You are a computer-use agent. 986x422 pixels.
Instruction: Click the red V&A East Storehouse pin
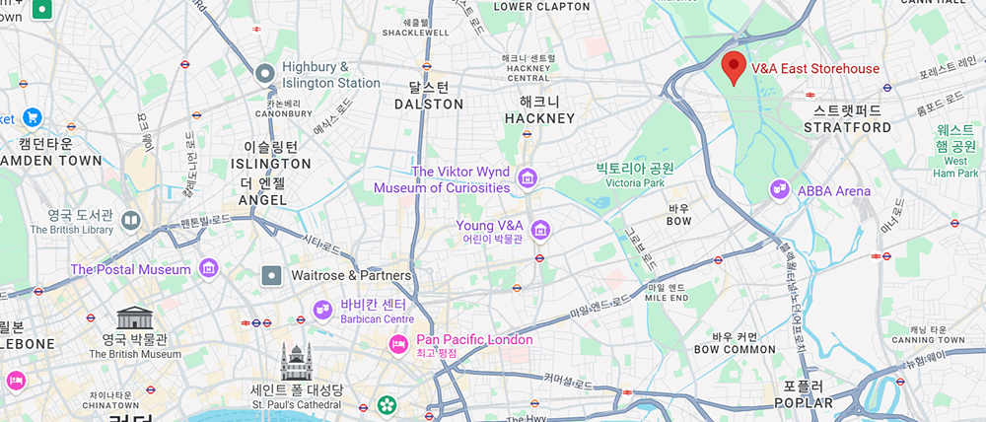(733, 66)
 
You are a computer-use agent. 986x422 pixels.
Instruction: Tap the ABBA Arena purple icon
(780, 188)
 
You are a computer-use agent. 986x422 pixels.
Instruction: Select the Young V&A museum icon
(539, 231)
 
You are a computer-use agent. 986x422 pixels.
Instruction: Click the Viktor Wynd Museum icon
(528, 178)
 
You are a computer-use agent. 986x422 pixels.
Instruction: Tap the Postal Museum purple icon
(208, 268)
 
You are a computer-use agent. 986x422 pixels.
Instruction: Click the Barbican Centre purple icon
(322, 311)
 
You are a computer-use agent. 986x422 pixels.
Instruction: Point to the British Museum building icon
(134, 317)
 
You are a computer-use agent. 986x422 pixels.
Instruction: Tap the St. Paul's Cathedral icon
(295, 361)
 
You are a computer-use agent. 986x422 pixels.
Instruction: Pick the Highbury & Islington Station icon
(264, 73)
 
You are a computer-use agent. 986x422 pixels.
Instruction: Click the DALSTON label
(428, 104)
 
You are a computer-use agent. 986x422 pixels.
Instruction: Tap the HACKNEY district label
(539, 118)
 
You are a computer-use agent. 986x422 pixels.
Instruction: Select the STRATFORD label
(847, 127)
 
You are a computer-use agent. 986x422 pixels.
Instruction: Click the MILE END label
(666, 297)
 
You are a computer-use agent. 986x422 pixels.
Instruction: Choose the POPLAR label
(803, 403)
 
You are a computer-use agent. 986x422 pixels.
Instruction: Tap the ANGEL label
(262, 200)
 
